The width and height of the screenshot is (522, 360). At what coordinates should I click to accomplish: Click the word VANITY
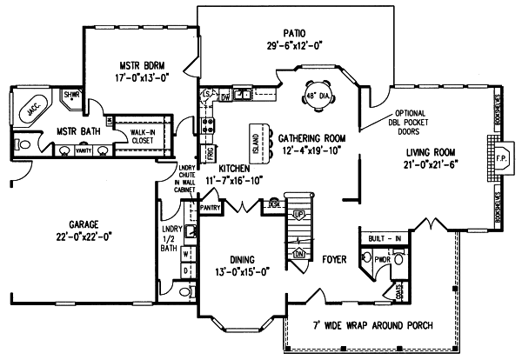tap(84, 150)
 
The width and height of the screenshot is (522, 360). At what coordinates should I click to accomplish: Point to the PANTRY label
tap(209, 208)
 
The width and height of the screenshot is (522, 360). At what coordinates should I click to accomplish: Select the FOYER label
tap(335, 258)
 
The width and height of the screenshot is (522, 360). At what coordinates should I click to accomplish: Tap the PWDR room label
tap(380, 259)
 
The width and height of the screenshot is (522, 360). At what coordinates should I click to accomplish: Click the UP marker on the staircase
tap(298, 214)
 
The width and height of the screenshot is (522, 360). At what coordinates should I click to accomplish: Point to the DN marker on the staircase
tap(298, 254)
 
